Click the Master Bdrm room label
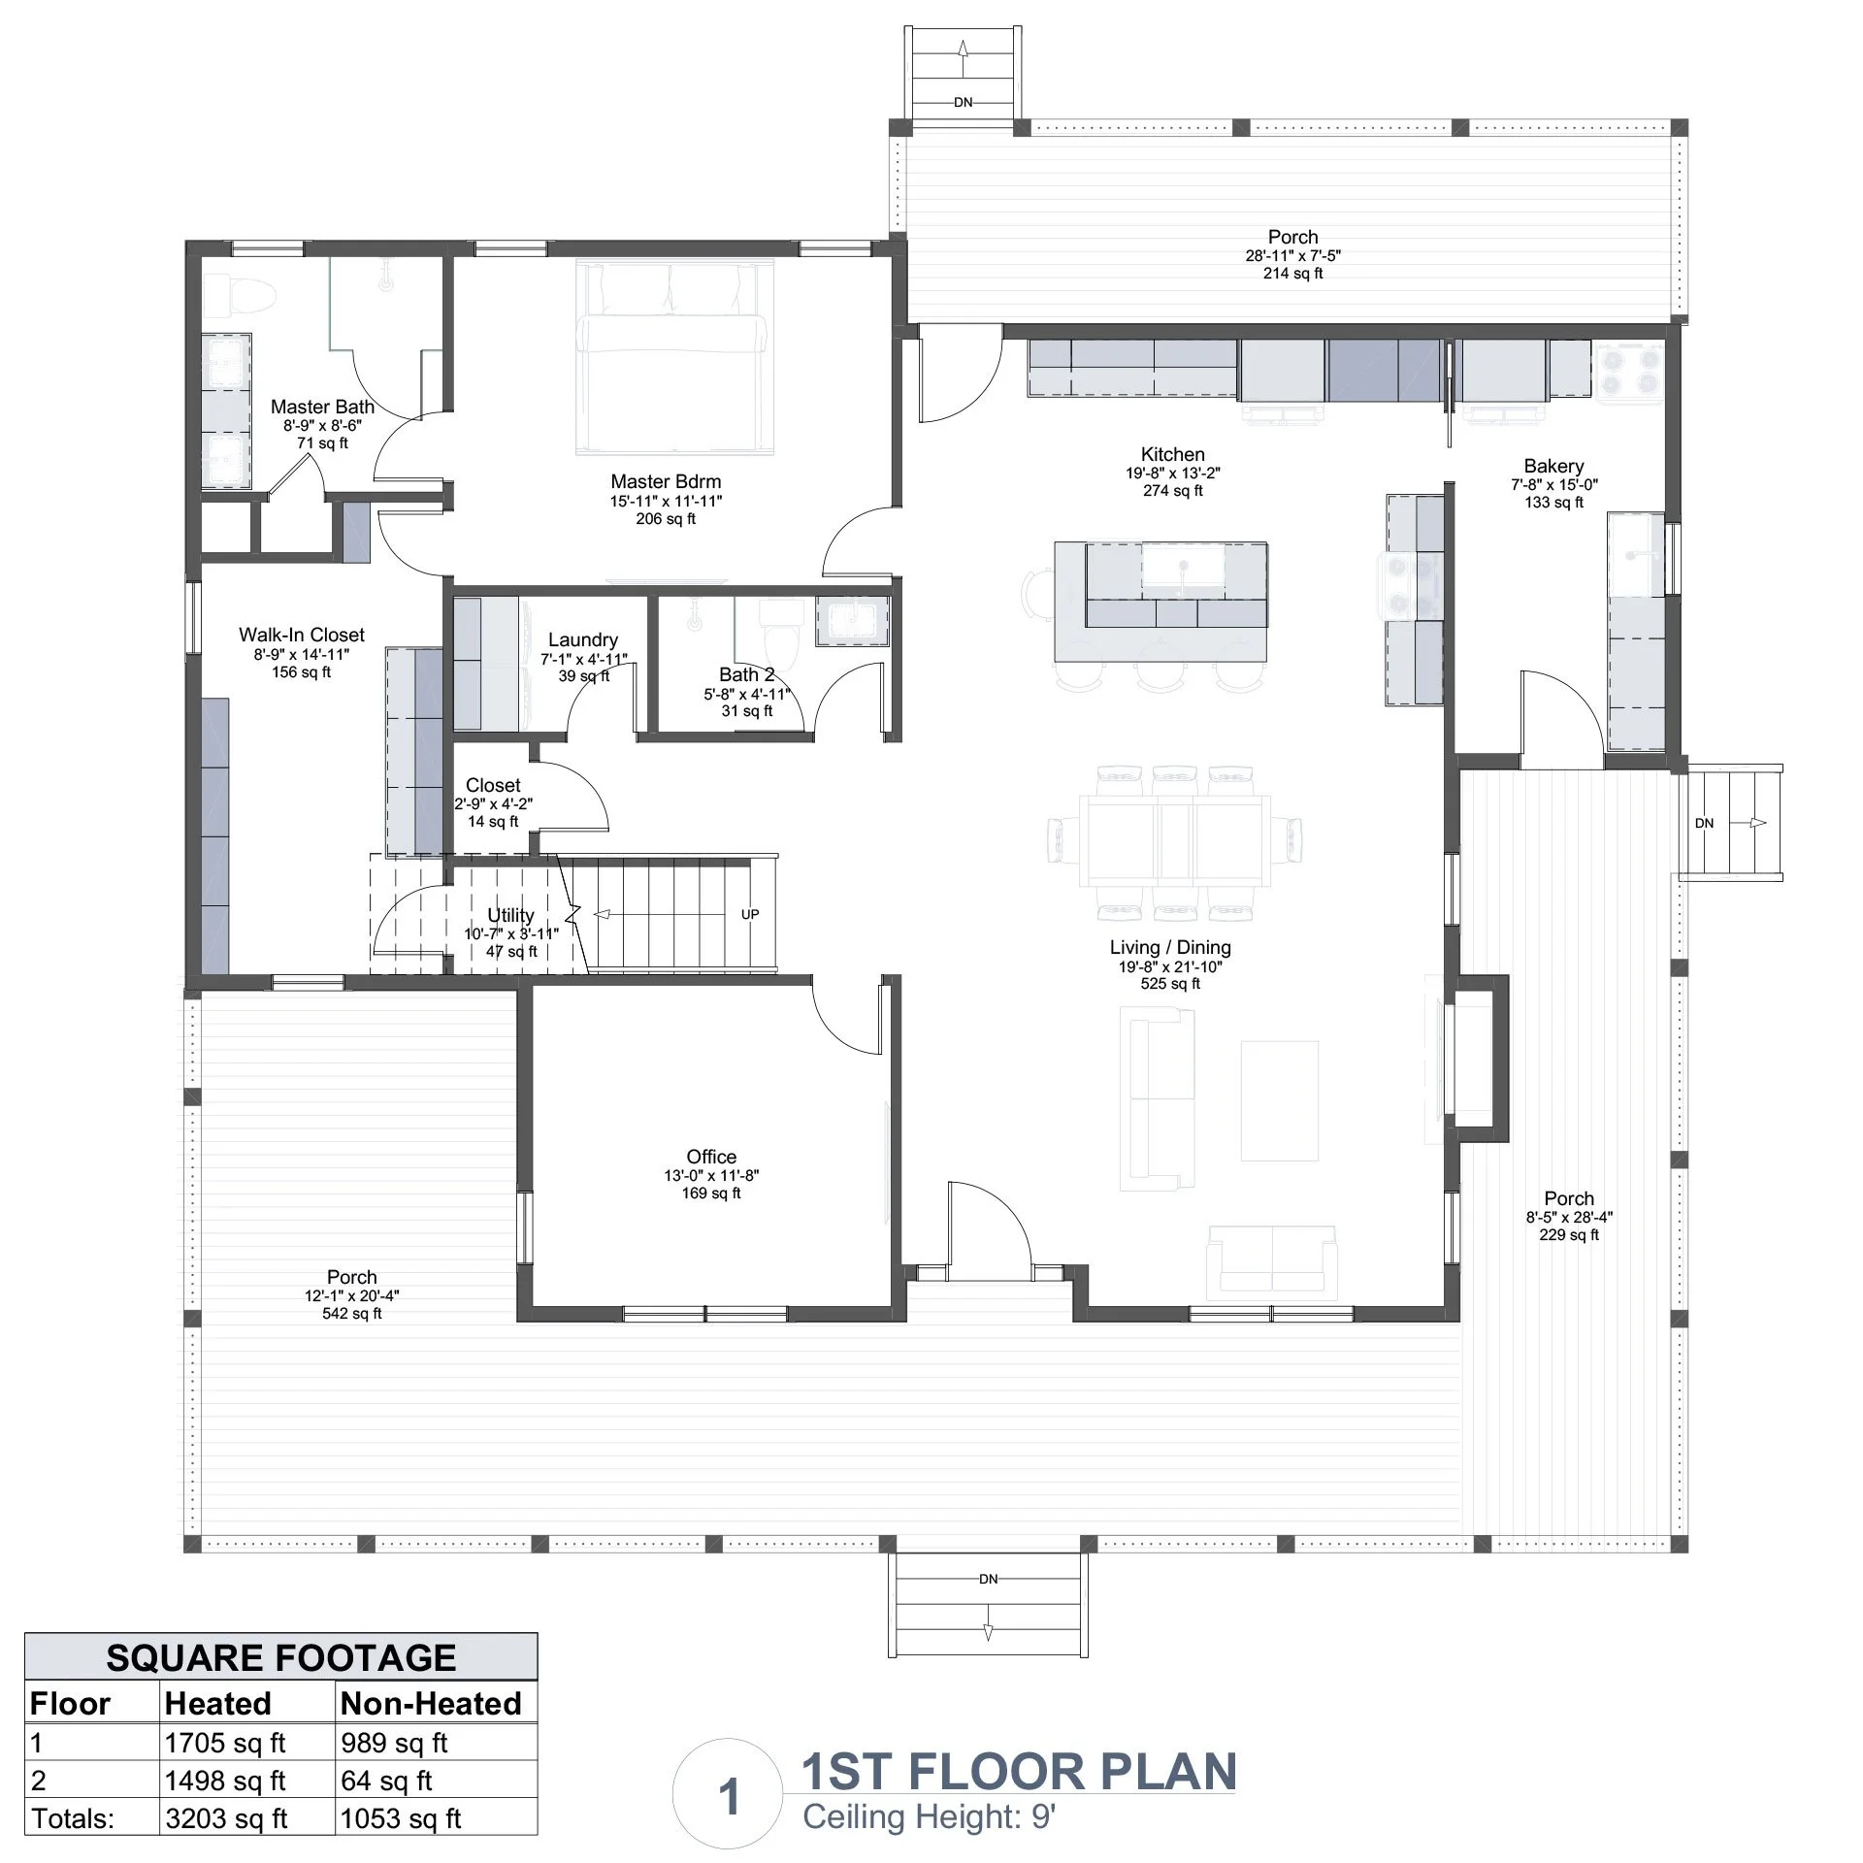pyautogui.click(x=666, y=482)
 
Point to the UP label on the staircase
pyautogui.click(x=750, y=914)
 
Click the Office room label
pyautogui.click(x=711, y=1157)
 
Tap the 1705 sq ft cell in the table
pyautogui.click(x=225, y=1743)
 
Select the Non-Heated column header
pyautogui.click(x=431, y=1703)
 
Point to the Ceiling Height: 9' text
pyautogui.click(x=928, y=1816)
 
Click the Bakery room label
pyautogui.click(x=1553, y=467)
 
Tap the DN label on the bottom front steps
pyautogui.click(x=988, y=1580)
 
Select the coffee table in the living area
pyautogui.click(x=1279, y=1100)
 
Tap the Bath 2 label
pyautogui.click(x=747, y=674)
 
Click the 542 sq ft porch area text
pyautogui.click(x=351, y=1314)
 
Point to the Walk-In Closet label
pyautogui.click(x=302, y=635)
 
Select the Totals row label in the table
pyautogui.click(x=73, y=1818)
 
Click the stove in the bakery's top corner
pyautogui.click(x=1629, y=370)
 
